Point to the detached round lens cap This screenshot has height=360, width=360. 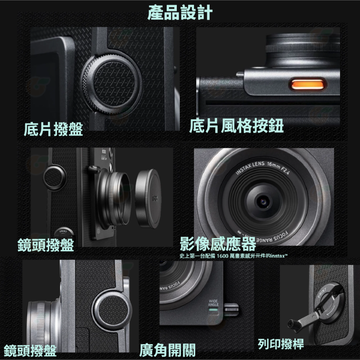(x=147, y=199)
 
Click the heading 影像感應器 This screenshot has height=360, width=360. (x=218, y=244)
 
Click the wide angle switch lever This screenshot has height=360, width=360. (x=231, y=309)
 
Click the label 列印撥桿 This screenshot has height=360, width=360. (x=281, y=344)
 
